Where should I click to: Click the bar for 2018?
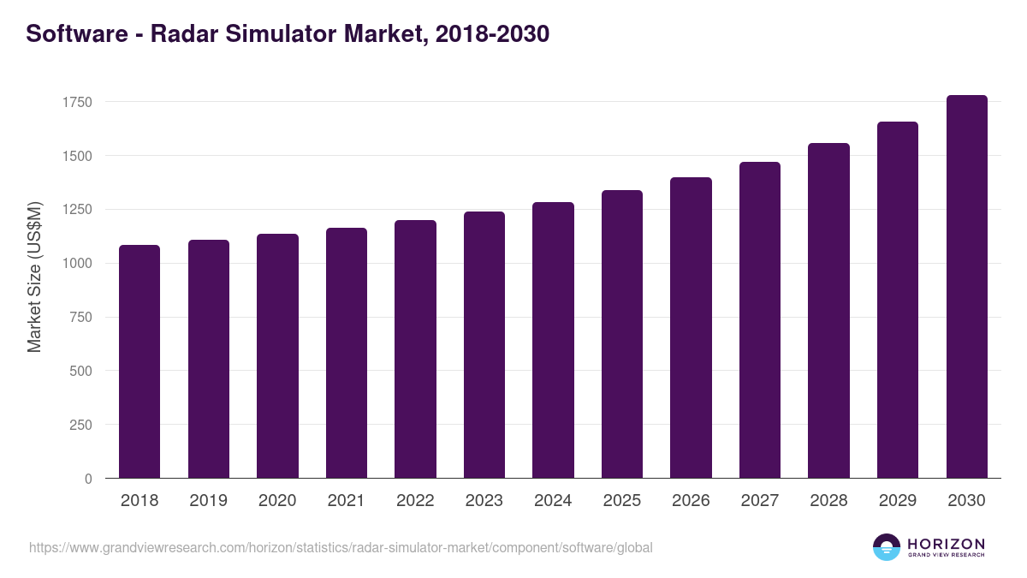coord(140,361)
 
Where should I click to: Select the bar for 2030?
coord(966,287)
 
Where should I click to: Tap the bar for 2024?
coord(553,340)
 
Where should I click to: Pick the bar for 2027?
coord(760,320)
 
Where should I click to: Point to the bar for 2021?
coord(347,353)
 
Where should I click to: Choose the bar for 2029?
coord(898,300)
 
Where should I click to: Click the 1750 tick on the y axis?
coord(77,102)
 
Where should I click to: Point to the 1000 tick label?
coord(77,264)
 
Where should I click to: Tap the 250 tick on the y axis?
coord(80,425)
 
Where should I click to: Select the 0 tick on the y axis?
coord(87,479)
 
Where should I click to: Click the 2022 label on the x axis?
coord(415,501)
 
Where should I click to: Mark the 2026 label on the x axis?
coord(691,501)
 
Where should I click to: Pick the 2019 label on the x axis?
coord(208,501)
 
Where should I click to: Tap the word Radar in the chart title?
coord(182,34)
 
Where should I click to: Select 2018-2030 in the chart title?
coord(492,34)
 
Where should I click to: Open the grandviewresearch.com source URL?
coord(341,547)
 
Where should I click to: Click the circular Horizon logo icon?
coord(887,547)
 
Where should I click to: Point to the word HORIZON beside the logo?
coord(946,544)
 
